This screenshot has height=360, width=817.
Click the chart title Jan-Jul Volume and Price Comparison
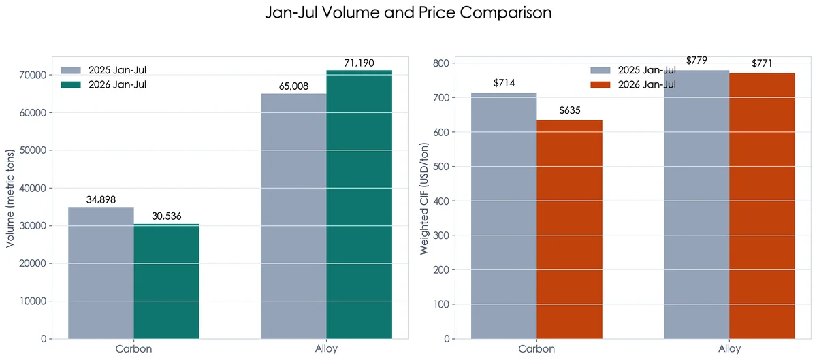click(408, 13)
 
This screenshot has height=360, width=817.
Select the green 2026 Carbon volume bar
click(166, 281)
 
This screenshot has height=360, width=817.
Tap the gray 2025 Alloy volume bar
click(293, 216)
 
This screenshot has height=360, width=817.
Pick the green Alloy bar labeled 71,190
click(359, 205)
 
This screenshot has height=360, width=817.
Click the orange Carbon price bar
click(569, 229)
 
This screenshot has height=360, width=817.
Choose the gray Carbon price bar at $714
click(504, 216)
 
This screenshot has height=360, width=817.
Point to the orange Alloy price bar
click(762, 206)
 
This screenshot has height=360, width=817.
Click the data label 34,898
click(101, 200)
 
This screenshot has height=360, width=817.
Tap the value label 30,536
click(166, 216)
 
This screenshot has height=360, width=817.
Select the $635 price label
click(570, 110)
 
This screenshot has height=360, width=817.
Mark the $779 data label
click(696, 60)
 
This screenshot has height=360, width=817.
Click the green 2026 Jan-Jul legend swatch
click(71, 85)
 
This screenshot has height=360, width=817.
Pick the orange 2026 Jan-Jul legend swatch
click(600, 85)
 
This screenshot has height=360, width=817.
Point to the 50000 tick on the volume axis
click(33, 150)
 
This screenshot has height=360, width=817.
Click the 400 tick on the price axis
click(441, 201)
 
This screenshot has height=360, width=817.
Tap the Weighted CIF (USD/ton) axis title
click(423, 199)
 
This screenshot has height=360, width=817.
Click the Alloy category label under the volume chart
click(326, 348)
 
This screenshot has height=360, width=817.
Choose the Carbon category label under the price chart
click(536, 349)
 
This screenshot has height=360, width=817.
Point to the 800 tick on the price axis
click(441, 63)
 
